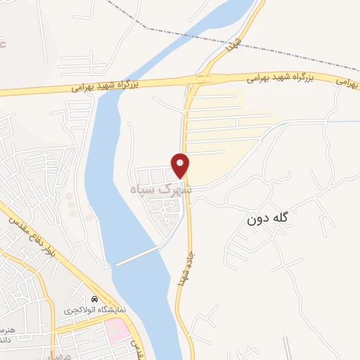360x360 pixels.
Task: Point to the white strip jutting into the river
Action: coord(139,257)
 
